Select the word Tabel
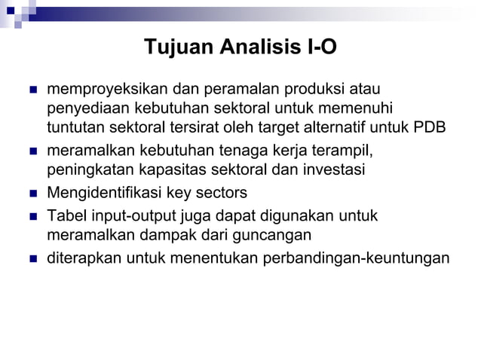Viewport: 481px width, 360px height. (x=67, y=217)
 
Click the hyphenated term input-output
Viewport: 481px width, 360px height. (x=133, y=217)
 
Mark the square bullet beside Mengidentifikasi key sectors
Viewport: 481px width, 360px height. (x=33, y=192)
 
